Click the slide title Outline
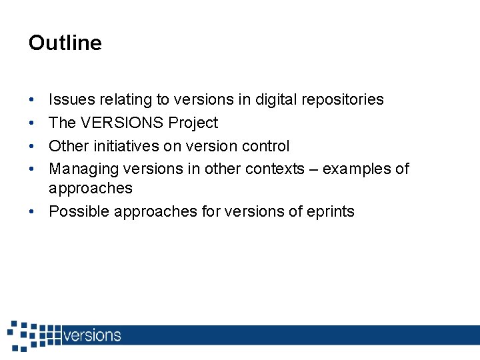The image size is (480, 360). (x=65, y=43)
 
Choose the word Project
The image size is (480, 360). (x=193, y=123)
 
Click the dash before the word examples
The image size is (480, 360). (x=313, y=169)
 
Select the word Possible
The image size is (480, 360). (x=79, y=212)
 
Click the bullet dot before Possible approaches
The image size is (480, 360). (x=33, y=212)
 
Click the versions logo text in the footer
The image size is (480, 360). (x=92, y=335)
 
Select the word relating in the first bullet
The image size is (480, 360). (x=126, y=100)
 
